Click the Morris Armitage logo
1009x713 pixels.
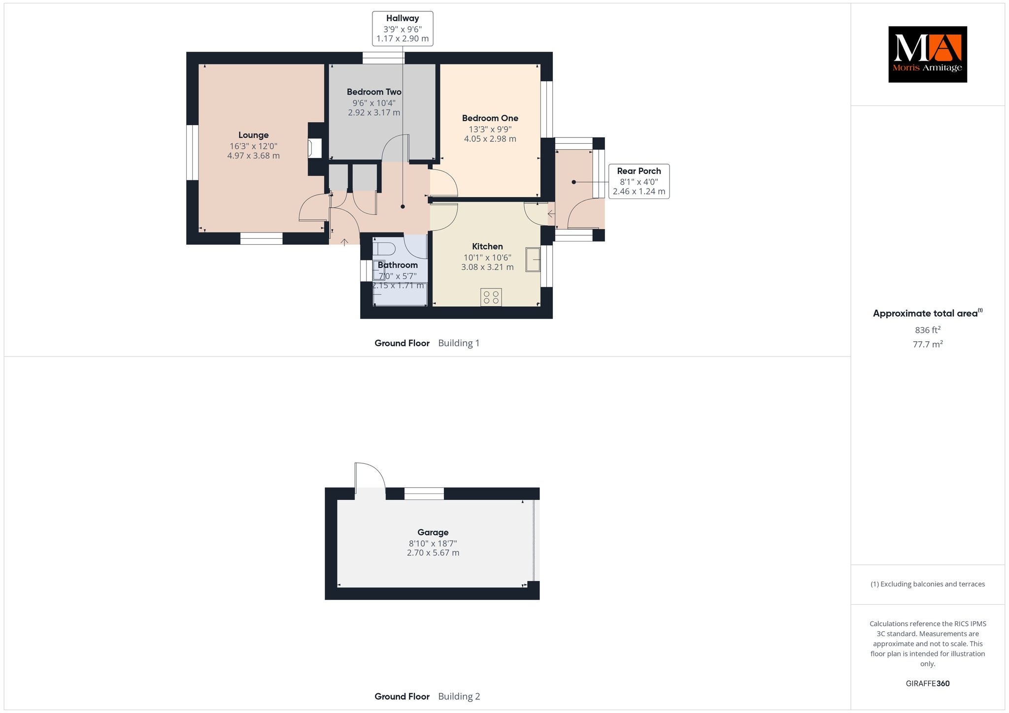(927, 54)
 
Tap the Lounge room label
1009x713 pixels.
(253, 135)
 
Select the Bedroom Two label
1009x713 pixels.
(374, 92)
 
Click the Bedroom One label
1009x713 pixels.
(490, 118)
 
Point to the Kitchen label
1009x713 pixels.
(487, 246)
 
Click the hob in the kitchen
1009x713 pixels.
(491, 297)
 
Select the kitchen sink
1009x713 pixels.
(533, 259)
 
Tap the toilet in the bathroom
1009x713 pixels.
(383, 248)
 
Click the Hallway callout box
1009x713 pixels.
(403, 29)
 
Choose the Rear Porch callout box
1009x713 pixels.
(639, 181)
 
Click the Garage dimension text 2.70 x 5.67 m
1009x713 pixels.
(433, 553)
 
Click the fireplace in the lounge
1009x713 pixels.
(314, 149)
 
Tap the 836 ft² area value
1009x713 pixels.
(928, 329)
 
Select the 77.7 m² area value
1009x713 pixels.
(928, 344)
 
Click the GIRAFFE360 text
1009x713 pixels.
(928, 683)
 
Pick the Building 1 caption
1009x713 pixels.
(459, 343)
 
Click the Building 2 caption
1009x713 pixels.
(459, 696)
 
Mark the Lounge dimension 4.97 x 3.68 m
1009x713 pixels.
(253, 156)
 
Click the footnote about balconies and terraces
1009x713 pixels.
(928, 584)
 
